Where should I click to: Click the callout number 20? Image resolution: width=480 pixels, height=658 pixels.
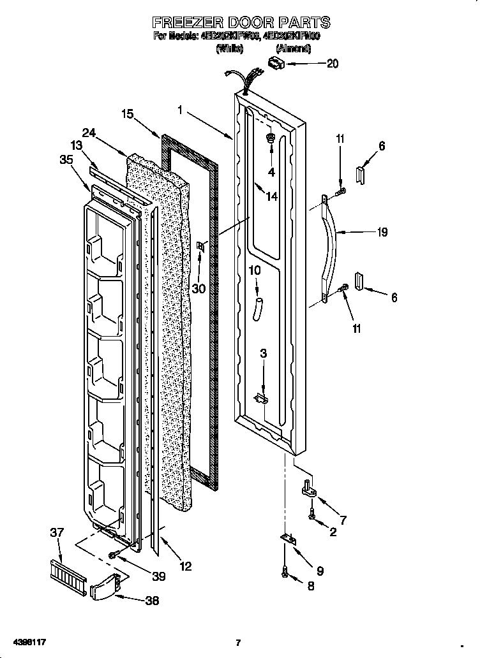(x=332, y=63)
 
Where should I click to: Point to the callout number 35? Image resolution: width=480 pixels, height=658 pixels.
(x=66, y=160)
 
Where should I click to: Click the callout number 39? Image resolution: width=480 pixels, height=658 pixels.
(x=158, y=576)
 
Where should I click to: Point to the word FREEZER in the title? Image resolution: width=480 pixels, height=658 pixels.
(x=181, y=22)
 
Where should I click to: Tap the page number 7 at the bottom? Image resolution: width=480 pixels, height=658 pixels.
(x=238, y=643)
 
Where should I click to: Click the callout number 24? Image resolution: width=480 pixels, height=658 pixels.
(x=89, y=133)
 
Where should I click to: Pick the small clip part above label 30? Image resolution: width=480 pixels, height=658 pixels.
(x=202, y=247)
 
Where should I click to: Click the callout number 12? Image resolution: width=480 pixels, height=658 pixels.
(x=184, y=565)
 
